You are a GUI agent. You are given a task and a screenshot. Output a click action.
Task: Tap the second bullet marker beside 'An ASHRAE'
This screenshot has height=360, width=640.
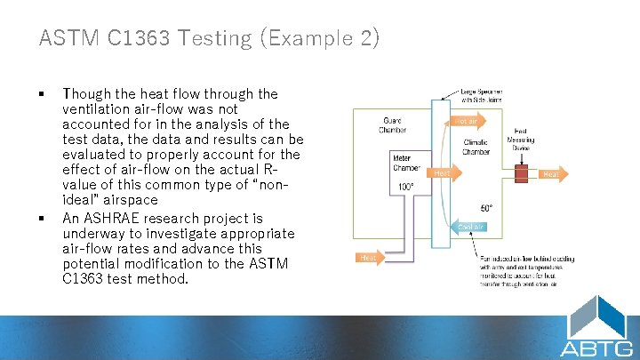[x=42, y=219]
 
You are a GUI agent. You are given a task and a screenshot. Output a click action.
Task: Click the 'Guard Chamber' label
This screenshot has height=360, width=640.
[x=392, y=124]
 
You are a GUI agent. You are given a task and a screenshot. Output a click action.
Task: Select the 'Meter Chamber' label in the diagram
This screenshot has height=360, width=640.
[x=407, y=164]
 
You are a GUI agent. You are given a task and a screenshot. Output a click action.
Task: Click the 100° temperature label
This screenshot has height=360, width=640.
[x=405, y=187]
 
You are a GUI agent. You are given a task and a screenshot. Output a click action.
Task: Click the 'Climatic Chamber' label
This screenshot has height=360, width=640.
[x=476, y=147]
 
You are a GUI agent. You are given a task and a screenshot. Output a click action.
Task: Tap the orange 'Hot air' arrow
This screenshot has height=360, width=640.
[x=468, y=120]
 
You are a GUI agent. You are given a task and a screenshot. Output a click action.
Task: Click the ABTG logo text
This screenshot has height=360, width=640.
[x=596, y=347]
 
